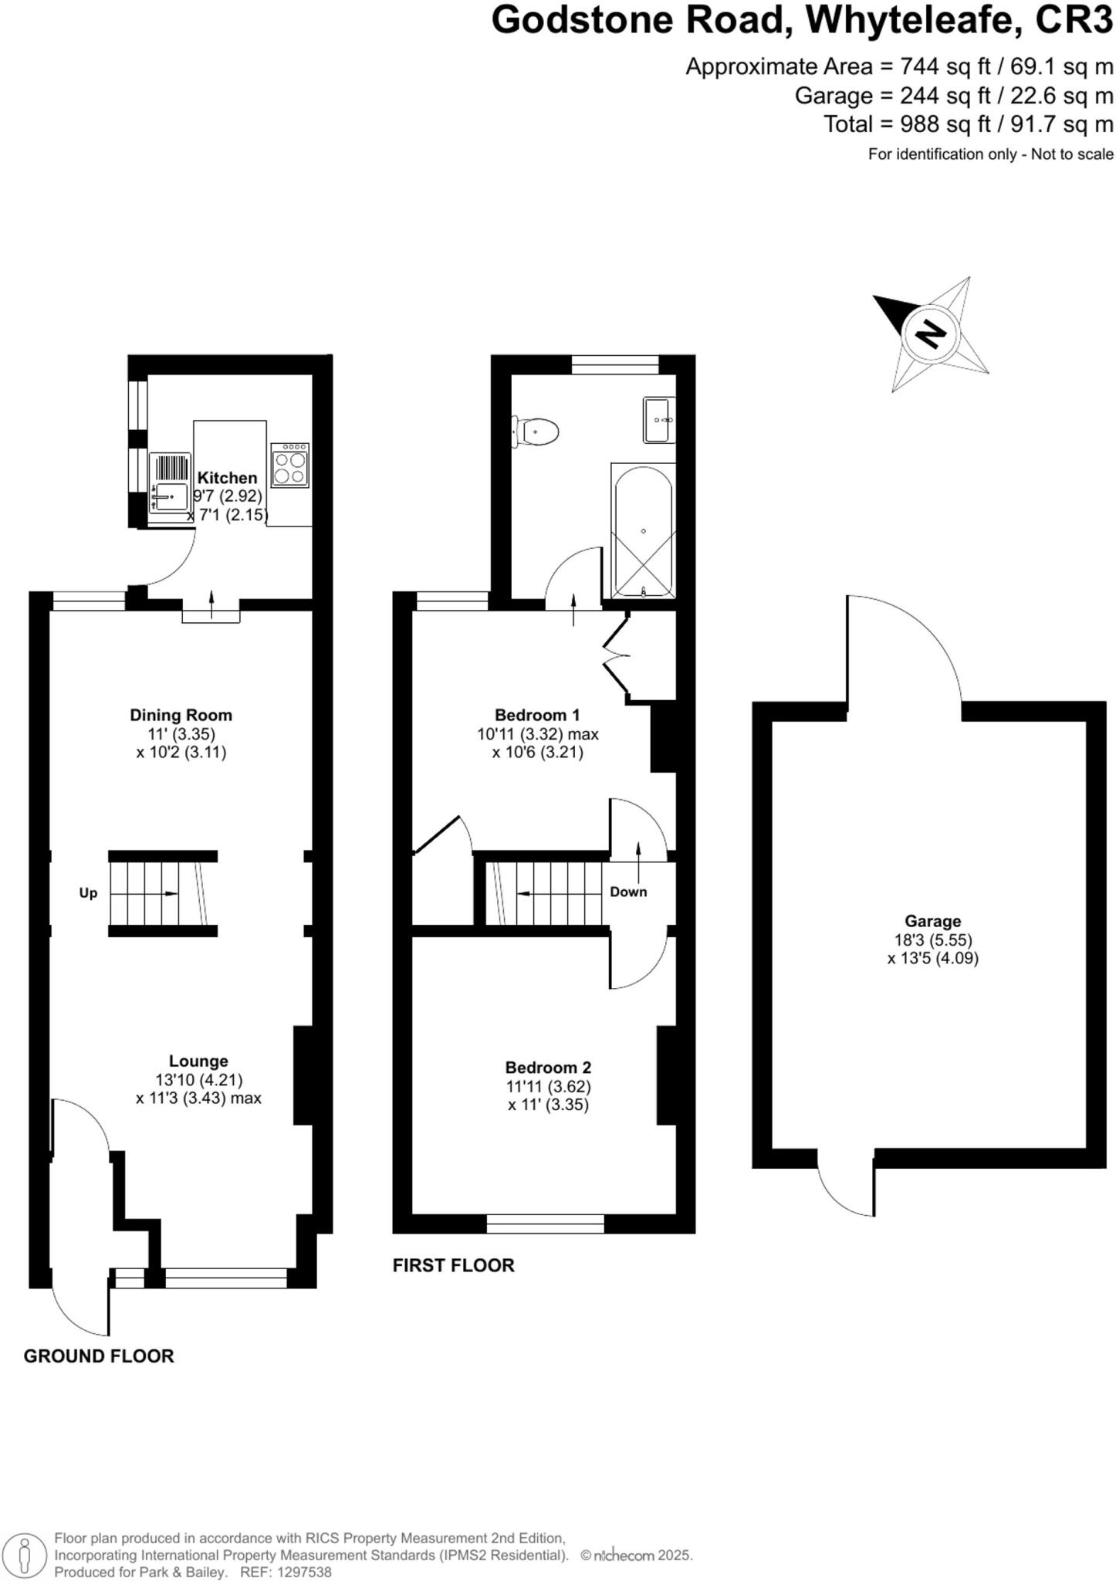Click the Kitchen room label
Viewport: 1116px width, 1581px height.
(x=227, y=478)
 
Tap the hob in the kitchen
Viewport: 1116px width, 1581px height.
(x=290, y=465)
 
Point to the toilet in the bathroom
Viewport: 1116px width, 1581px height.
(x=538, y=432)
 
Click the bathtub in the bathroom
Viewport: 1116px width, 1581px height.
(x=643, y=530)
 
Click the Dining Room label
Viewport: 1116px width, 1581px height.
(x=181, y=715)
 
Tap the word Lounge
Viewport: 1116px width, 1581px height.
(x=198, y=1061)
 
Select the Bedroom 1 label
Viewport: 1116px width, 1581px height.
(x=537, y=715)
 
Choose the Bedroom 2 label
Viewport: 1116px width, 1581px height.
(x=548, y=1068)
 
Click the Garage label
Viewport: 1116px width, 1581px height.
(x=932, y=921)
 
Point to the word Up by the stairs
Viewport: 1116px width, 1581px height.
(x=89, y=893)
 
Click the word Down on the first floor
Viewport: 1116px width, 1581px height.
(x=628, y=892)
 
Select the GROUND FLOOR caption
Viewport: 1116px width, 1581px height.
(x=99, y=1356)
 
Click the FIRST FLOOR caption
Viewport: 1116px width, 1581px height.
(x=453, y=1265)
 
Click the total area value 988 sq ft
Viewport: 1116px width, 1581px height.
(x=933, y=124)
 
